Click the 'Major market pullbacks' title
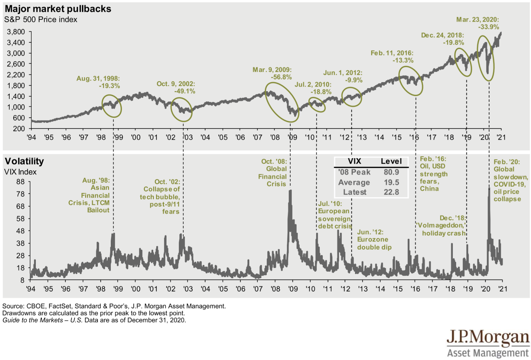point(58,9)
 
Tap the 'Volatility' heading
point(24,161)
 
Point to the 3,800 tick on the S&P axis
point(16,32)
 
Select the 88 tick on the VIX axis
point(20,182)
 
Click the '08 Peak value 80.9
point(391,172)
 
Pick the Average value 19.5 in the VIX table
point(391,182)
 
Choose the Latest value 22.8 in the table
point(391,192)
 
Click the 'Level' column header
point(391,161)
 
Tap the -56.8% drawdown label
point(281,77)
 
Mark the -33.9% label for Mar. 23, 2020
point(489,27)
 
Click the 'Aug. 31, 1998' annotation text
point(98,79)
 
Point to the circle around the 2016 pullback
point(411,81)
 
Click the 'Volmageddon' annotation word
point(441,225)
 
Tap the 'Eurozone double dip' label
point(374,243)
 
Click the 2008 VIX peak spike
point(290,191)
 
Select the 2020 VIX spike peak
point(489,188)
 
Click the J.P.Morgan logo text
point(488,338)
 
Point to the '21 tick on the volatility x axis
point(503,289)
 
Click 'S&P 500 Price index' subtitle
point(40,20)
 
